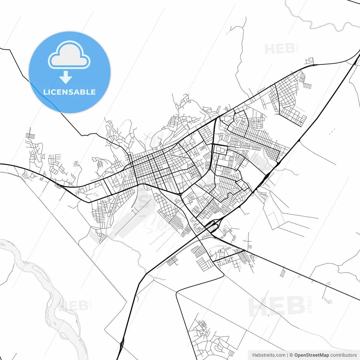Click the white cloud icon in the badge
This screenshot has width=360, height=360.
pos(69,55)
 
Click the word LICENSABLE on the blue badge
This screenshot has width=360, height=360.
pos(69,92)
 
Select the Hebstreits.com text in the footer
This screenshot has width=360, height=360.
pos(269,355)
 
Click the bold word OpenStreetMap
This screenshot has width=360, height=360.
pos(312,355)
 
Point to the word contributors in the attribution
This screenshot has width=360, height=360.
pos(343,355)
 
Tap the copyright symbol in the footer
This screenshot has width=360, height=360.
pos(291,355)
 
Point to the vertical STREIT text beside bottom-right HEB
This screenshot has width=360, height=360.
pos(310,304)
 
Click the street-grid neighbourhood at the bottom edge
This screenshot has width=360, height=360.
pos(211,337)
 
